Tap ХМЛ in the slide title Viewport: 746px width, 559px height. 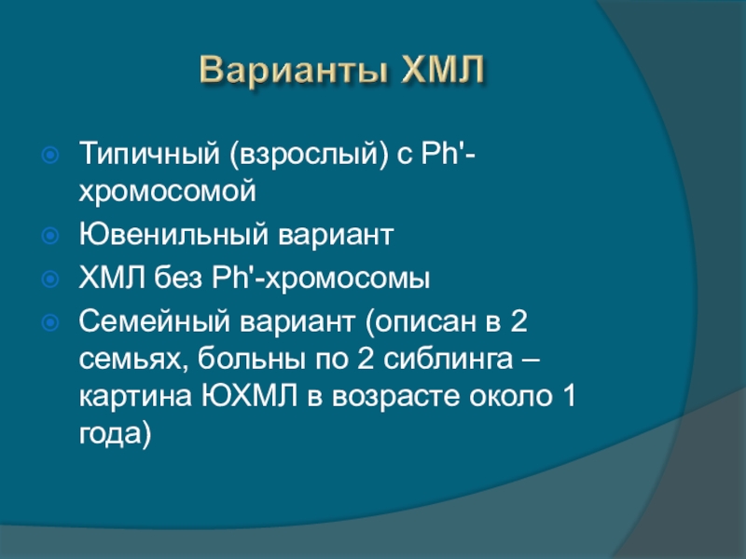pyautogui.click(x=442, y=69)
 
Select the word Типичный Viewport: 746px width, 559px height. pyautogui.click(x=149, y=154)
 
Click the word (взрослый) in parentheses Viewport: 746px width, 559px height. pyautogui.click(x=309, y=155)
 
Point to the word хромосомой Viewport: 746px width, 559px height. pyautogui.click(x=168, y=192)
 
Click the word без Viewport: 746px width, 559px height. pyautogui.click(x=178, y=277)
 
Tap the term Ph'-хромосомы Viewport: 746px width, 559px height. pyautogui.click(x=321, y=278)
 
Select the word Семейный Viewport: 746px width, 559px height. pyautogui.click(x=155, y=320)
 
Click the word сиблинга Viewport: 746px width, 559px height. pyautogui.click(x=448, y=360)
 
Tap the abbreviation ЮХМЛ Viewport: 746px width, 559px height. pyautogui.click(x=250, y=396)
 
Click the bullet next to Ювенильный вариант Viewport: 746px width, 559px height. pyautogui.click(x=50, y=236)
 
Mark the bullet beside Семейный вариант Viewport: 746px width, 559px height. pyautogui.click(x=50, y=322)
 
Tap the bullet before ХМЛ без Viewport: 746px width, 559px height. pyautogui.click(x=50, y=279)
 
